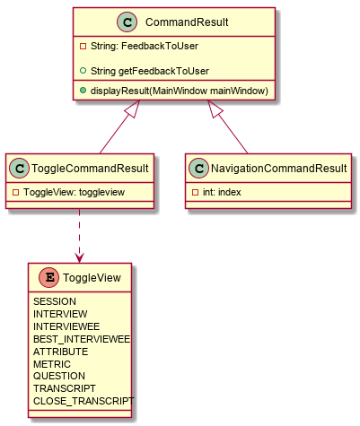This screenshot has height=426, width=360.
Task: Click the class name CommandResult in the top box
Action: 187,22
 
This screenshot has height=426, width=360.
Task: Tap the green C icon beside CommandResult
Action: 127,22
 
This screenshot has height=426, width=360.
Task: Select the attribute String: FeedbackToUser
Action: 145,46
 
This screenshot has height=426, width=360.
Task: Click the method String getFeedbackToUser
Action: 150,71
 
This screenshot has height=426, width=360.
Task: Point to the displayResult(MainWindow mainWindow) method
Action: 180,91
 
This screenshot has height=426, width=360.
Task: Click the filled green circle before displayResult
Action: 83,91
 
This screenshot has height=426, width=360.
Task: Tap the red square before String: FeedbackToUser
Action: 83,47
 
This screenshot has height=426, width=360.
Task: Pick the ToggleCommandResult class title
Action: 90,169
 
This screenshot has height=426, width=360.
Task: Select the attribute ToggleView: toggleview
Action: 74,192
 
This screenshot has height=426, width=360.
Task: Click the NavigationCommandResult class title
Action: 278,169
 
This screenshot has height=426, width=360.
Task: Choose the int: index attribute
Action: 222,192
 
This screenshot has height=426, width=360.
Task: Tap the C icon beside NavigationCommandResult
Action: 198,169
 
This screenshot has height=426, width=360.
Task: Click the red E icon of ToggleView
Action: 49,277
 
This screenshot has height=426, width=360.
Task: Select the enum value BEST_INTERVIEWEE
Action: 82,339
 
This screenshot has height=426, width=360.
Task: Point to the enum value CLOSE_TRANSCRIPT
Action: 83,401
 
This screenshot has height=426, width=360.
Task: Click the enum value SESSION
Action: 55,301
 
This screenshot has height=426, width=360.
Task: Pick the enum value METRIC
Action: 52,364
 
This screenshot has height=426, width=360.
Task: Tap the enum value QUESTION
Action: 59,376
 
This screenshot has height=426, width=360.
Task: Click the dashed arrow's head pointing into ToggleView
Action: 79,259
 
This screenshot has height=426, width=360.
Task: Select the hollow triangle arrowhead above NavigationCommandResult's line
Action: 215,109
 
